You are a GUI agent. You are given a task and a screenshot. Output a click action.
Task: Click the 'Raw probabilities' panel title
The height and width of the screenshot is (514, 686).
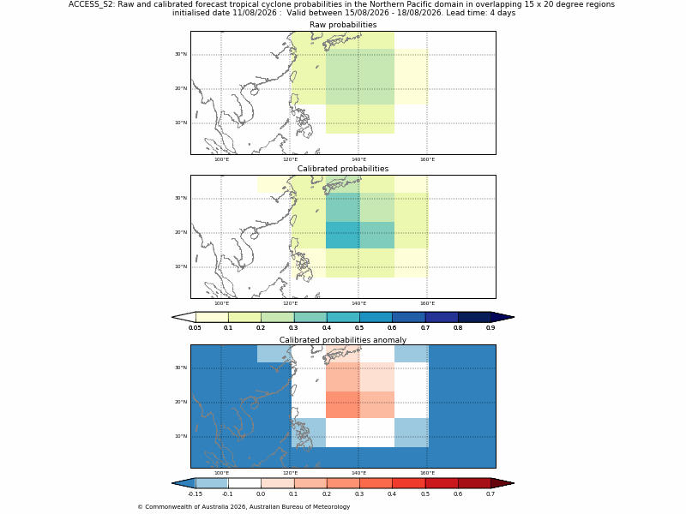point(343,25)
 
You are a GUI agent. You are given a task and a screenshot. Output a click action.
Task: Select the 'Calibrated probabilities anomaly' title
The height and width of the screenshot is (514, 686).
point(343,340)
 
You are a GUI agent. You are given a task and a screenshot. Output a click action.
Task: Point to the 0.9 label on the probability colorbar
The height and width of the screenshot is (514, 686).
point(490,328)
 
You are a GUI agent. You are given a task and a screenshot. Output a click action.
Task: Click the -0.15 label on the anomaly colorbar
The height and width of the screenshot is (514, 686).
point(195,494)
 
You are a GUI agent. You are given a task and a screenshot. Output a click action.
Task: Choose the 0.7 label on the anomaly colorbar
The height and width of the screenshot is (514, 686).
point(490,494)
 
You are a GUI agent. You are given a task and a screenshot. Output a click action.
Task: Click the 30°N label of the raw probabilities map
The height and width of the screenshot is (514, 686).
point(181,54)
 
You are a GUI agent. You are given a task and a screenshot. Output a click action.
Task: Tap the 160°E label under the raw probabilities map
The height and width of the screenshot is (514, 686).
point(427,159)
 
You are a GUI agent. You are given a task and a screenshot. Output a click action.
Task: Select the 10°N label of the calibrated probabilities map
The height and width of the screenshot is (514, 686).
point(181,266)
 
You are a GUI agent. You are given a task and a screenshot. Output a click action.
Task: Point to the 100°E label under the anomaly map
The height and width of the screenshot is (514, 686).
point(221,473)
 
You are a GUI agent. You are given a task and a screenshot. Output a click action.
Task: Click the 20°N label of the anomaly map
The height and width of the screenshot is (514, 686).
point(181,402)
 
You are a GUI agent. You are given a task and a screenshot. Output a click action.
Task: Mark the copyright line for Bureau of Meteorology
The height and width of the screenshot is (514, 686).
point(244,507)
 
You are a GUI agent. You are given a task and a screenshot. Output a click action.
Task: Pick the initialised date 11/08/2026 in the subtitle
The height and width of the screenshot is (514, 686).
point(225,13)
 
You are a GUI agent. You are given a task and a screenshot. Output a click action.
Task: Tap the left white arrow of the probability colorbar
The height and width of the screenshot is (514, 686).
point(184,317)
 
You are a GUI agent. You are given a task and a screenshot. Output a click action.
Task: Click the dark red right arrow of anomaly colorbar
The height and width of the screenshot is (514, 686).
point(502,483)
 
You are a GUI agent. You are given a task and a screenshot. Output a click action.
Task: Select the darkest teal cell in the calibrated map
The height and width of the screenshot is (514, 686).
point(342,235)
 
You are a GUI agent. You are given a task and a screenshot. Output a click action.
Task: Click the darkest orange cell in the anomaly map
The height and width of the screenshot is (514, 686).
point(342,404)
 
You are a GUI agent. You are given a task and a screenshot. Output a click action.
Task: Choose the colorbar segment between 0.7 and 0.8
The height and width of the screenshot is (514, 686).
point(442,317)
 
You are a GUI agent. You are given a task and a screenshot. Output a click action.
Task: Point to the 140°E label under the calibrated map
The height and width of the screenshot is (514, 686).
point(358,303)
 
